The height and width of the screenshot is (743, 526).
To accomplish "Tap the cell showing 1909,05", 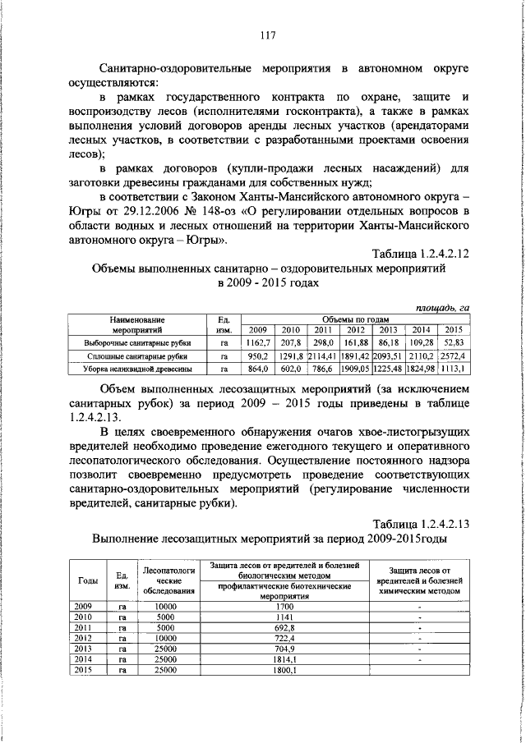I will (x=355, y=369).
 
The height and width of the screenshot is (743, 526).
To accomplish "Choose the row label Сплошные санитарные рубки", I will (x=138, y=356).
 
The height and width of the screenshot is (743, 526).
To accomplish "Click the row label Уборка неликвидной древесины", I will (x=138, y=369).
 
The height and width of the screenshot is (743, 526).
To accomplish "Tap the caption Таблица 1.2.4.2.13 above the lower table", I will (x=420, y=523).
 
